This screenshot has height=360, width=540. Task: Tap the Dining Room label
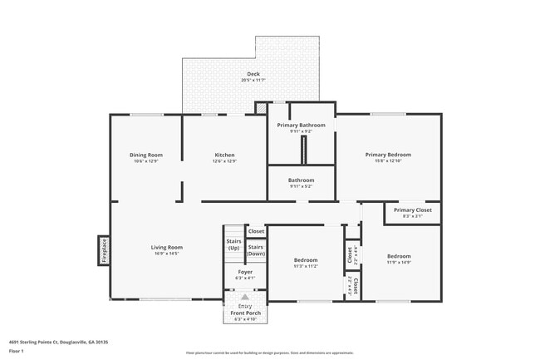(x=145, y=155)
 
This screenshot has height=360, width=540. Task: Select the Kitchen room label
(x=224, y=155)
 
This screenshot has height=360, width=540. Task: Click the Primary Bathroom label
(x=301, y=125)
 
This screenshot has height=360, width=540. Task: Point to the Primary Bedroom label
(x=388, y=155)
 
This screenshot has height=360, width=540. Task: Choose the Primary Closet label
(x=412, y=210)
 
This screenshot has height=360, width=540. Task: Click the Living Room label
(x=166, y=247)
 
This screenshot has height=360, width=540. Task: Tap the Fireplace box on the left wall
(x=104, y=250)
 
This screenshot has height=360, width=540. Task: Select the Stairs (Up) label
(x=233, y=244)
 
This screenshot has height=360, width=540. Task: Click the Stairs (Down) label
(x=255, y=249)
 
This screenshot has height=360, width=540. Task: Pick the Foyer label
(x=245, y=272)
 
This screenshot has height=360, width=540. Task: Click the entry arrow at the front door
(x=245, y=297)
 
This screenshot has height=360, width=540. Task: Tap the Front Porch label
(x=245, y=313)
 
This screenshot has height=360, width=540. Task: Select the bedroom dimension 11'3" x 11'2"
(x=306, y=266)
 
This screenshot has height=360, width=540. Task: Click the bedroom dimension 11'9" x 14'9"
(x=398, y=262)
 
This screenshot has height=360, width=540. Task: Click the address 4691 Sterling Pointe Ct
(x=58, y=341)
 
